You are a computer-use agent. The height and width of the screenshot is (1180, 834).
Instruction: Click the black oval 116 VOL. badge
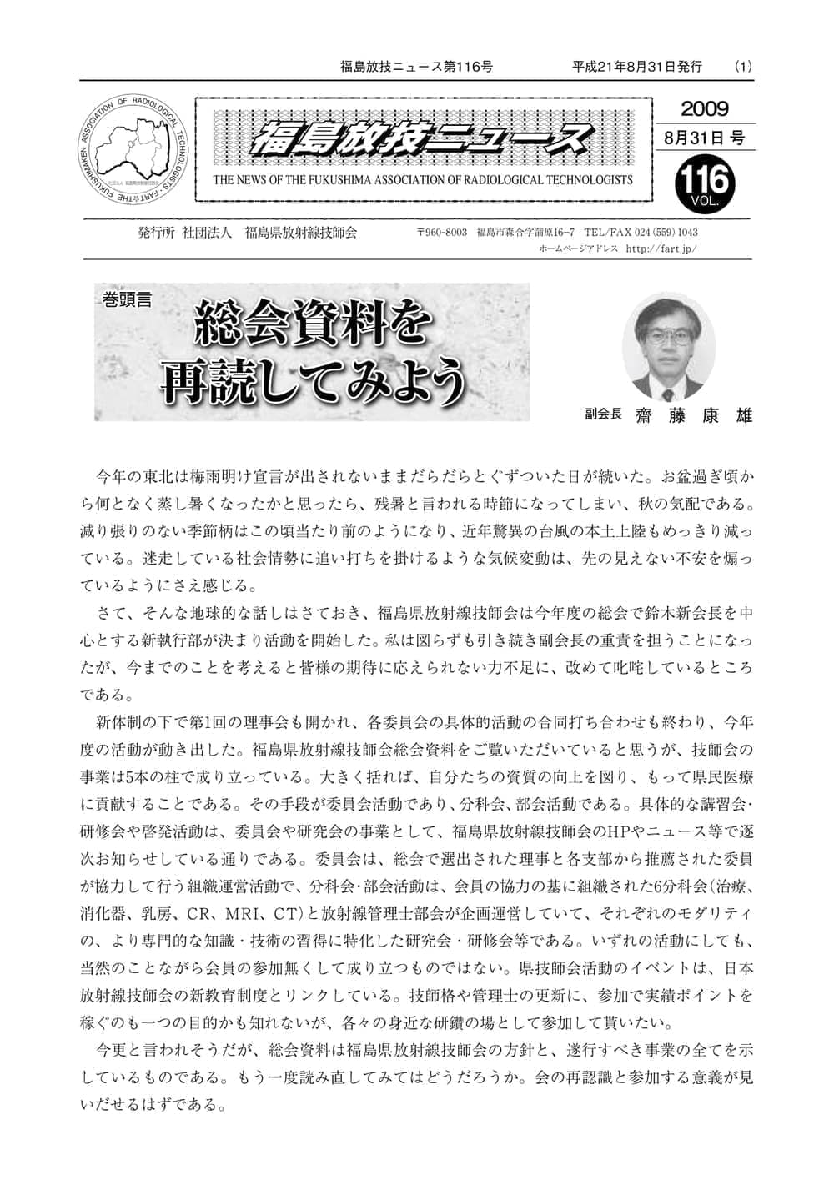coord(706,183)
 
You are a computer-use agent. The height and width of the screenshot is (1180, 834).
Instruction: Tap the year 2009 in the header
coord(704,109)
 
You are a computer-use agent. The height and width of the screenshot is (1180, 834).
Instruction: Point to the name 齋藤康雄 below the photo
coord(693,414)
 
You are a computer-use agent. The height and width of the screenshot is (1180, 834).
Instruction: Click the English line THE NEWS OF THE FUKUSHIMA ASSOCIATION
coord(423,179)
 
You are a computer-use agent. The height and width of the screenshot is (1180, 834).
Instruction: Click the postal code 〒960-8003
coord(441,233)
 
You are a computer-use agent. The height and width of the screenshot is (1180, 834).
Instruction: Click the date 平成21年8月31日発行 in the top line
coord(637,66)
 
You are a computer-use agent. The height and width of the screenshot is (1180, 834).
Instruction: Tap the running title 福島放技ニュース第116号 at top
coord(416,66)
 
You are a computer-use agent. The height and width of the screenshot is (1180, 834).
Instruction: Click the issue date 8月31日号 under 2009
coord(704,138)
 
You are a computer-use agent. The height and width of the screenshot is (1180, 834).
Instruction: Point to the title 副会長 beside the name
coord(603,414)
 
